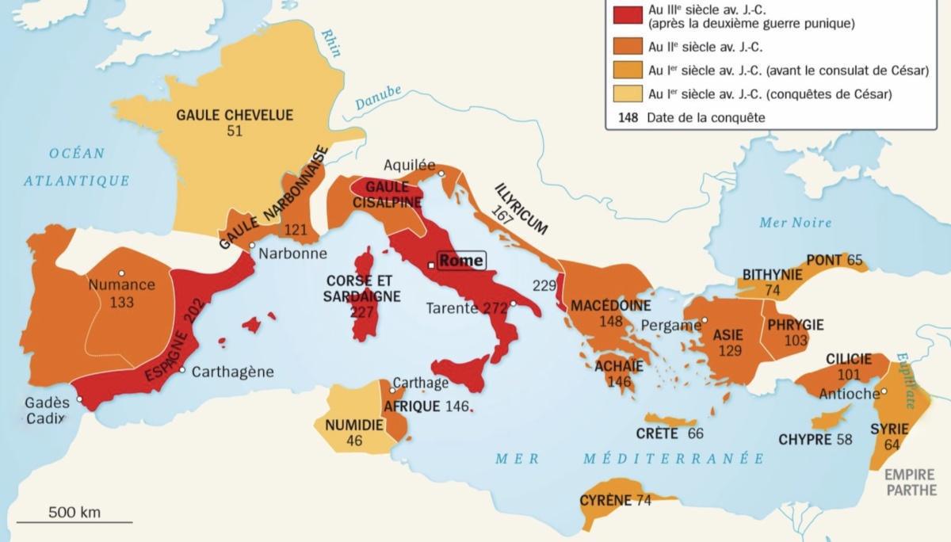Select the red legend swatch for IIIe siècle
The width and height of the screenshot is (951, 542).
point(624,17)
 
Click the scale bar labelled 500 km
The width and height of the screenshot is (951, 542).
point(74,521)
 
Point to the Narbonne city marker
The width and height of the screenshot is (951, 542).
point(253,246)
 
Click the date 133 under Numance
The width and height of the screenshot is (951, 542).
point(122,302)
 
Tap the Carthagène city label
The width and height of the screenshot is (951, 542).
point(233,370)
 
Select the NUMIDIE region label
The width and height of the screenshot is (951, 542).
point(354,426)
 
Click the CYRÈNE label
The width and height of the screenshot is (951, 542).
point(605,500)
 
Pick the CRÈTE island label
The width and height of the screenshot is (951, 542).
point(657,433)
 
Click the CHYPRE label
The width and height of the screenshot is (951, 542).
point(804,439)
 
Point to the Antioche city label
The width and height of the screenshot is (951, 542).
point(849,394)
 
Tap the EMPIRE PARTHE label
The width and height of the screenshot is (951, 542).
point(911,483)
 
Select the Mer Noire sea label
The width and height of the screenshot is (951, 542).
point(795,223)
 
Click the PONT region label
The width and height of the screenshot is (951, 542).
point(824,260)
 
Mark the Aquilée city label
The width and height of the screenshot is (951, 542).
point(409,165)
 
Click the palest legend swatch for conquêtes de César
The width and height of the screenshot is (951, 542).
point(624,94)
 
